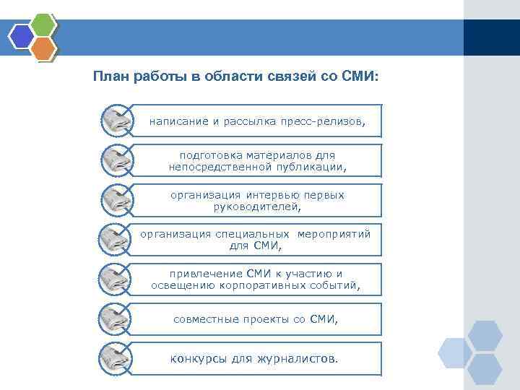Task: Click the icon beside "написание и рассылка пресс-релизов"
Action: pyautogui.click(x=116, y=121)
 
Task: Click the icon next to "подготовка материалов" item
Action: pyautogui.click(x=116, y=160)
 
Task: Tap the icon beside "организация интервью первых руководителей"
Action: pyautogui.click(x=116, y=200)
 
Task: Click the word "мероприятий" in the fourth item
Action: pyautogui.click(x=334, y=234)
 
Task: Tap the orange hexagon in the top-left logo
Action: pyautogui.click(x=44, y=48)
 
